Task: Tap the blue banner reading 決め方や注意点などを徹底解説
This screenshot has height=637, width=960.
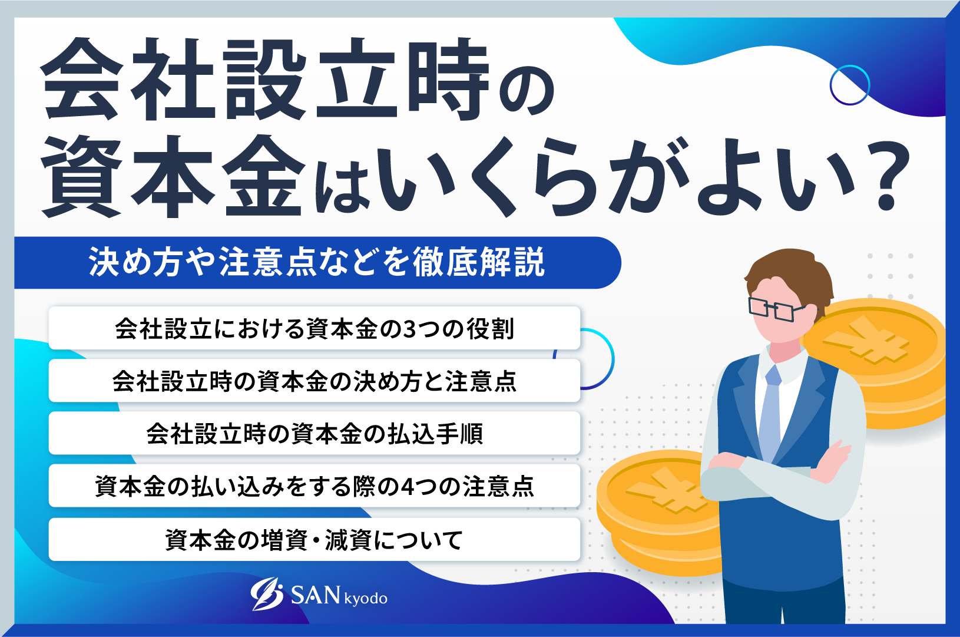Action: pyautogui.click(x=317, y=262)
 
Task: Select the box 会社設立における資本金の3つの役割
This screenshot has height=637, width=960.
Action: pyautogui.click(x=314, y=328)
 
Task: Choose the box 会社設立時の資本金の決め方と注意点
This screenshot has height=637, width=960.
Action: pyautogui.click(x=314, y=381)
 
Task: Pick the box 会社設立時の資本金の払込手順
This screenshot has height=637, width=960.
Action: pyautogui.click(x=314, y=434)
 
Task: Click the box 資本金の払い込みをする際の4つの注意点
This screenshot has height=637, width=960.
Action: pyautogui.click(x=314, y=486)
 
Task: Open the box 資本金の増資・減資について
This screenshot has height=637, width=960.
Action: pyautogui.click(x=314, y=539)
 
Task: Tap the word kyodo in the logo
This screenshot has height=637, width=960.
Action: pyautogui.click(x=366, y=599)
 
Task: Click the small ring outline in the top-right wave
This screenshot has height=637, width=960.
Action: pyautogui.click(x=849, y=85)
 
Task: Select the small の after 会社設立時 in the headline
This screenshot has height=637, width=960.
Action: pyautogui.click(x=527, y=91)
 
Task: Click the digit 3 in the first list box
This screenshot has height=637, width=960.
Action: pyautogui.click(x=409, y=329)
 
